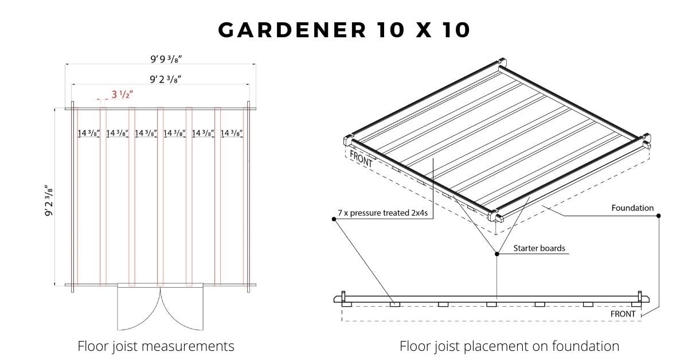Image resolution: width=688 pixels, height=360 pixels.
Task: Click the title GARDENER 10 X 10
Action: click(x=344, y=30)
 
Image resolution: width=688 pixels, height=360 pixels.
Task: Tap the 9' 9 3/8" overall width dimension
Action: click(x=166, y=58)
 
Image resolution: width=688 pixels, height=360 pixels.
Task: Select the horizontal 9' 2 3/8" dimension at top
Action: click(x=166, y=79)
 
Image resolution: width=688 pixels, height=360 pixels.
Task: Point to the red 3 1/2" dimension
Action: click(x=122, y=95)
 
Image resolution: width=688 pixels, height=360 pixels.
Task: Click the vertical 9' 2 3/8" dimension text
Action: click(x=49, y=201)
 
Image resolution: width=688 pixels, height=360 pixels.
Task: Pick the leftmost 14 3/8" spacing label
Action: click(x=88, y=133)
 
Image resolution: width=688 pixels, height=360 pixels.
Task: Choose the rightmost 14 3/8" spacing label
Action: click(x=232, y=133)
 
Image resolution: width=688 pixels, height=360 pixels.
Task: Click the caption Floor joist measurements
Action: click(x=156, y=346)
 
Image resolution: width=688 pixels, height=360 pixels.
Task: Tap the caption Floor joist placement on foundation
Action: click(x=509, y=346)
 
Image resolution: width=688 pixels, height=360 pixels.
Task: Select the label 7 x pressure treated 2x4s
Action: click(x=383, y=213)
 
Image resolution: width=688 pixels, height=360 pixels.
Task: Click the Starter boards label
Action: click(x=539, y=248)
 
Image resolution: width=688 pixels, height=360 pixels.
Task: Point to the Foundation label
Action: click(x=632, y=208)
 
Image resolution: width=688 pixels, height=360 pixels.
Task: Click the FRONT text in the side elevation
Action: click(x=623, y=314)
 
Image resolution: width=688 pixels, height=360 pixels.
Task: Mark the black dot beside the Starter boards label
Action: click(x=497, y=254)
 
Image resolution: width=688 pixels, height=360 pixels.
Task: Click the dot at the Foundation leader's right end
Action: click(x=659, y=216)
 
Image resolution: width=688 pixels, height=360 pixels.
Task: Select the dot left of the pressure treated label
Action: click(x=334, y=219)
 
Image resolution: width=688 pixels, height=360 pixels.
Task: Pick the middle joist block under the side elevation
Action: click(x=491, y=304)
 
